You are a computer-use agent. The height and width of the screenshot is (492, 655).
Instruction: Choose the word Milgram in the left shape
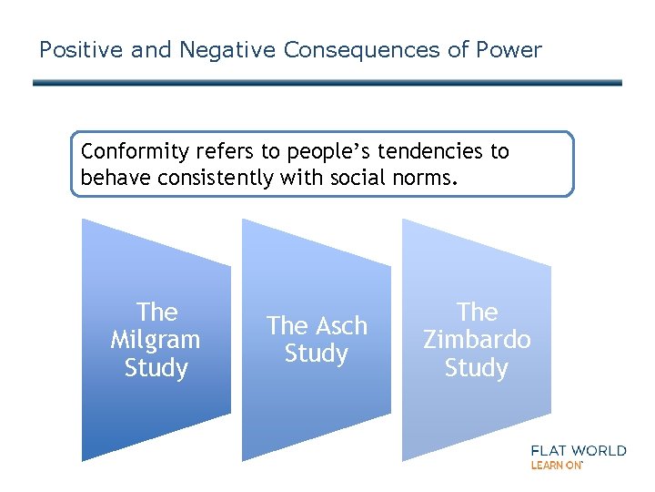tap(156, 340)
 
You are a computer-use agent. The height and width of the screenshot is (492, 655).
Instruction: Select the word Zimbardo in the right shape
tap(477, 340)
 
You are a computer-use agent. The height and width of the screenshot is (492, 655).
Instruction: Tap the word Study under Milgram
tap(156, 368)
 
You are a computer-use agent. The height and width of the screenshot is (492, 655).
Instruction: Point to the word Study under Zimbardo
tap(477, 368)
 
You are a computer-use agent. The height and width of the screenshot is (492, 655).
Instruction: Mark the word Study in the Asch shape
tap(316, 354)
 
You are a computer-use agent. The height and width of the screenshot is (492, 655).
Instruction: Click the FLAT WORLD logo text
tap(578, 450)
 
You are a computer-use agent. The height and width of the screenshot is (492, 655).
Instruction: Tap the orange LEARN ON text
tap(556, 466)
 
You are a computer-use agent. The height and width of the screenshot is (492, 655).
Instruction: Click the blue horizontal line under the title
tap(327, 83)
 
